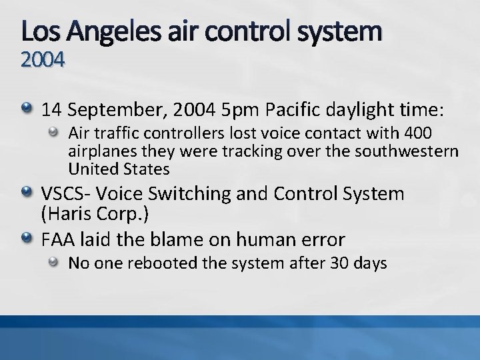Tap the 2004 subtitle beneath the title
click(43, 61)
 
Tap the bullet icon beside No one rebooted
click(57, 262)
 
